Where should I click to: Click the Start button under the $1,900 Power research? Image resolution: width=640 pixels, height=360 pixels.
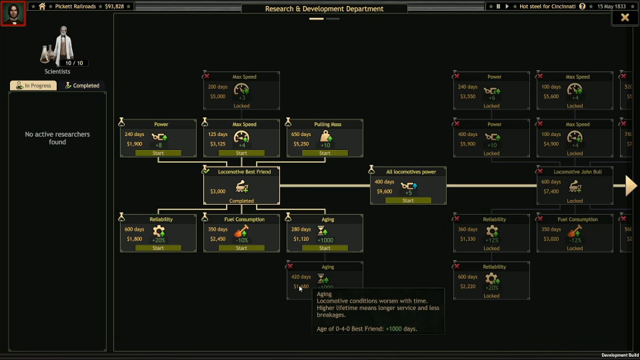(158, 153)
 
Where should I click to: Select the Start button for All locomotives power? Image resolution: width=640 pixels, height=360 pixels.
(408, 201)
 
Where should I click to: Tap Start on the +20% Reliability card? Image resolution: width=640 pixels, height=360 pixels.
(158, 248)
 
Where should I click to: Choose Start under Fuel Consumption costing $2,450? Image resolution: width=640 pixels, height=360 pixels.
(241, 248)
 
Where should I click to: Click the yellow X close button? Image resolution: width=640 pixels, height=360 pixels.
(625, 18)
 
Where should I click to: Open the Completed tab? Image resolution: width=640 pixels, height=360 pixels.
(82, 86)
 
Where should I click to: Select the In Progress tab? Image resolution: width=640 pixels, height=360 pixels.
(33, 86)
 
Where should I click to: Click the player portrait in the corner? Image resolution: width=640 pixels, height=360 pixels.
(13, 13)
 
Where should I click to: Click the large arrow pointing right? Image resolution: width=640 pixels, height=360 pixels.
(631, 186)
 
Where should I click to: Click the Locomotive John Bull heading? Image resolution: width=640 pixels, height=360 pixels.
(577, 172)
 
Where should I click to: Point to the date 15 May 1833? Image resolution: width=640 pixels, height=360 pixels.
(611, 7)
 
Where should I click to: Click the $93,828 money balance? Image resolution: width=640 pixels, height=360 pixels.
(115, 7)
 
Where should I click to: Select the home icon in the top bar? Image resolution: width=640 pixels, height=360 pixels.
(42, 7)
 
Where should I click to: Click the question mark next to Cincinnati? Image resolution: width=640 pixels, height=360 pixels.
(583, 7)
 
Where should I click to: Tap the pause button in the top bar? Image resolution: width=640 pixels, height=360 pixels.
(498, 7)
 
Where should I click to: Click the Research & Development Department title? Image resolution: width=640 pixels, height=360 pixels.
(324, 9)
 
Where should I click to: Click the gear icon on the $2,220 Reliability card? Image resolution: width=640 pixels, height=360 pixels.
(491, 279)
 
